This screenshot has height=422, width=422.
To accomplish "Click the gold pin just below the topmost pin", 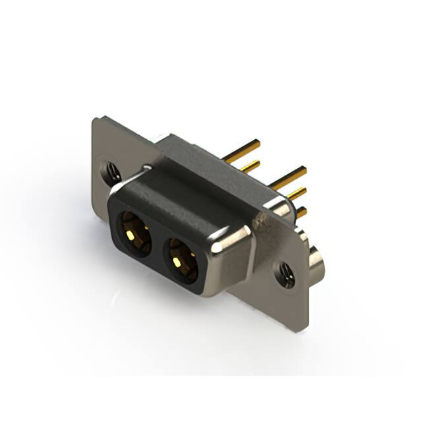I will point(250,165).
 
